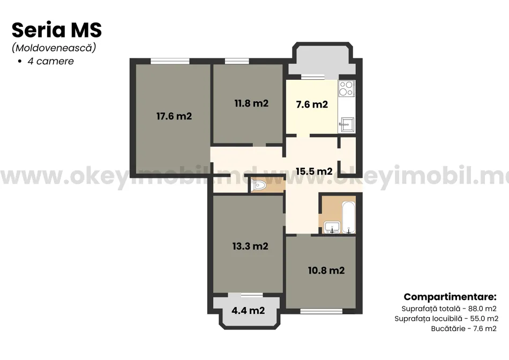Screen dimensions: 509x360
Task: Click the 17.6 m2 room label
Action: [174, 116]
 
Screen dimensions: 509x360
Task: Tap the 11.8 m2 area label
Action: [251, 103]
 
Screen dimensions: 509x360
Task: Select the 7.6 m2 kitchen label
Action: [312, 104]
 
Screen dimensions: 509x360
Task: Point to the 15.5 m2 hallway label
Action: [314, 171]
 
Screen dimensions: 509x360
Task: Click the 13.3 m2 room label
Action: [250, 246]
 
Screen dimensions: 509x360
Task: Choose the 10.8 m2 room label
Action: [326, 270]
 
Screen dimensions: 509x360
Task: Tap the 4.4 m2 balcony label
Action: [248, 311]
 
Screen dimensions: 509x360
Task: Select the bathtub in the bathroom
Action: [349, 217]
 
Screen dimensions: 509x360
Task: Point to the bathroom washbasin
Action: [332, 227]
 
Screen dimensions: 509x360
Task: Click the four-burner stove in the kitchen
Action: [346, 88]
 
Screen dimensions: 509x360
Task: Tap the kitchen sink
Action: [346, 124]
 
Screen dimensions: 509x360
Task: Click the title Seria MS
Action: [57, 30]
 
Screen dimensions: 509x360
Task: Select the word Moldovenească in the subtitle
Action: [54, 48]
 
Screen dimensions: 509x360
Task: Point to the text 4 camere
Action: [51, 61]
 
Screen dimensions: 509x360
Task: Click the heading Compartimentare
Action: [450, 297]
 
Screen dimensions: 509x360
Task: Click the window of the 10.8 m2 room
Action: [321, 311]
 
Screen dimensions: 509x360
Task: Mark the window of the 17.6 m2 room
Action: [170, 61]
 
